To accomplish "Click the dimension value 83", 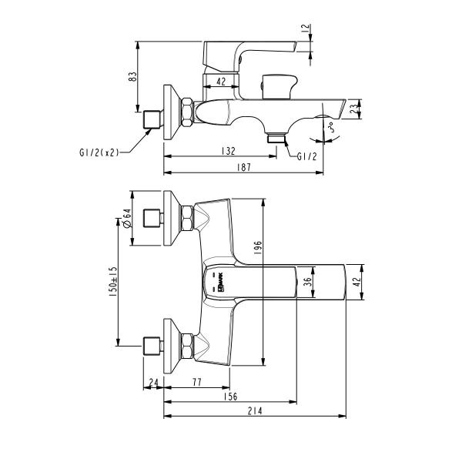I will click(x=132, y=77).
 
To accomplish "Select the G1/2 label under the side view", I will click(x=306, y=156).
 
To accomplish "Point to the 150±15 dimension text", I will click(x=112, y=282).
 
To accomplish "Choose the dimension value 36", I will click(x=308, y=283).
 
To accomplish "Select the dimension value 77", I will click(x=196, y=382).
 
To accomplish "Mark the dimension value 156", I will click(x=229, y=396).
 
